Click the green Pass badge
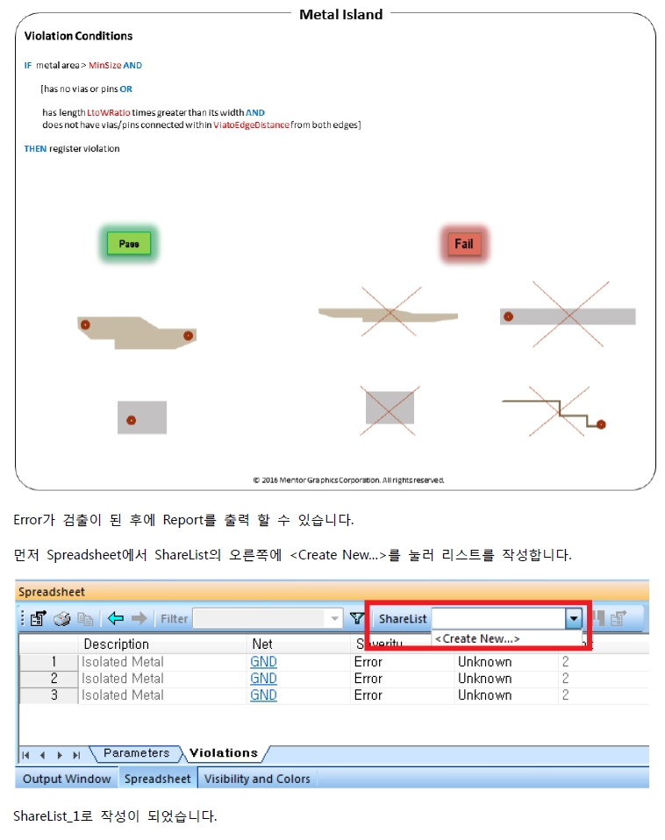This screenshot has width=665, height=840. click(129, 243)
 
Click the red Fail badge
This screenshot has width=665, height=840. click(464, 244)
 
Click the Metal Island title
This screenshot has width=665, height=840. click(340, 14)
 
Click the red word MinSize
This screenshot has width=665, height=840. click(105, 66)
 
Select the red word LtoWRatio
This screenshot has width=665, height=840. click(109, 112)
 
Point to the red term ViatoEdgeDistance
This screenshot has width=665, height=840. click(251, 125)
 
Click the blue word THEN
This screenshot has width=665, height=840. click(35, 149)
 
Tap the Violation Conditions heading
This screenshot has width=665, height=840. click(78, 36)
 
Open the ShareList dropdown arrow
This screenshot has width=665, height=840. click(574, 619)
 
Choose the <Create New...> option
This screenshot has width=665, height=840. click(477, 638)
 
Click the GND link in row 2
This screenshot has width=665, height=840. click(264, 678)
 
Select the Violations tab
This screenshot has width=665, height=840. click(224, 752)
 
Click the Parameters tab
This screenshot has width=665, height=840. click(136, 752)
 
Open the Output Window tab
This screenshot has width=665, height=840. click(67, 779)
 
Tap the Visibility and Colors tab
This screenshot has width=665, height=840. click(257, 779)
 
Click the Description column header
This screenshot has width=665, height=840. click(117, 644)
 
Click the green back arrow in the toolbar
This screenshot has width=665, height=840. click(116, 619)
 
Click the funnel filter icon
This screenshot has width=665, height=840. click(356, 619)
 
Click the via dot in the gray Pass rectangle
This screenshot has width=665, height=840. click(132, 421)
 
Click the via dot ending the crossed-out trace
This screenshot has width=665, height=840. click(601, 424)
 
